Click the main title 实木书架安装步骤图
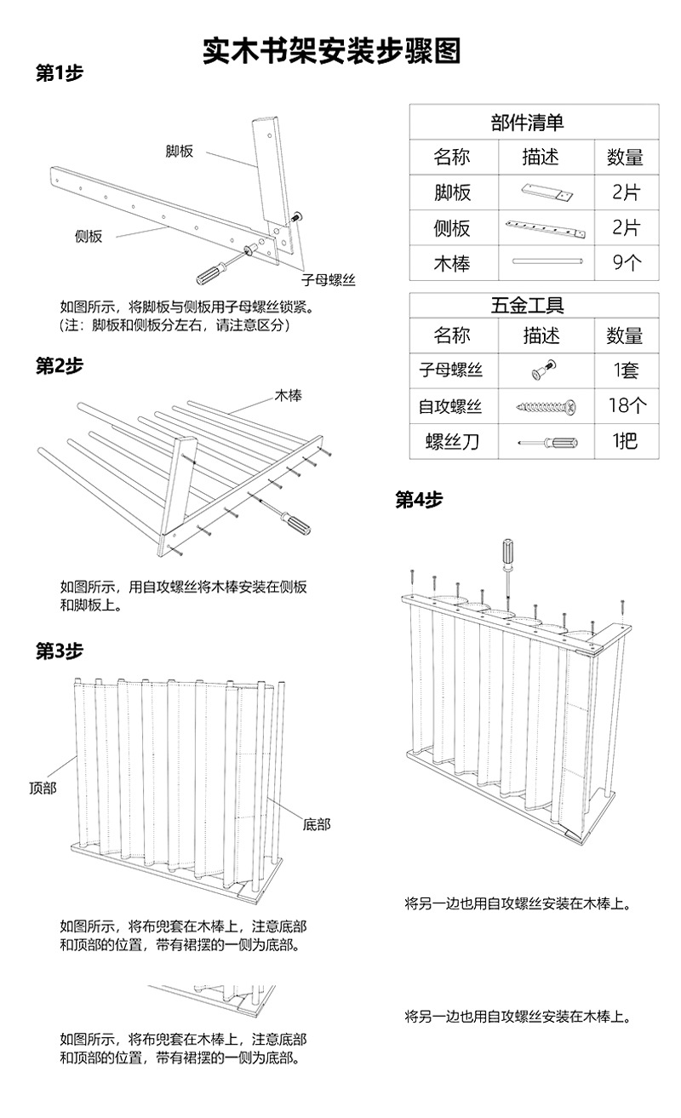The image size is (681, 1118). coord(331,51)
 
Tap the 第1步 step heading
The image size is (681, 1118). coord(59,73)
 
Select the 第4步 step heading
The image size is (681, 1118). coord(419,500)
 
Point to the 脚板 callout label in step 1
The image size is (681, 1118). coord(179,152)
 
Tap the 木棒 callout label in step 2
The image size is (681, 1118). coord(289,396)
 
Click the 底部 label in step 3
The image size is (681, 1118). coord(316,823)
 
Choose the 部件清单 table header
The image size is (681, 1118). coord(534,122)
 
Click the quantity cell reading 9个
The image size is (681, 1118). coord(626,263)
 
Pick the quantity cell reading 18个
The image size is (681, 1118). coord(626,405)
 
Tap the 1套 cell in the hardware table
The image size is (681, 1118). coord(626,370)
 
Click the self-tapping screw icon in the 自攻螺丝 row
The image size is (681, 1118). coord(541,406)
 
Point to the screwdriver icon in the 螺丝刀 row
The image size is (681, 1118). coord(541,442)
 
